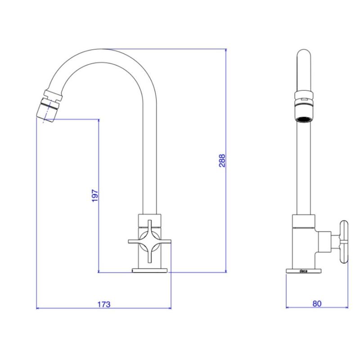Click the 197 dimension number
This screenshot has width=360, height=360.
[x=95, y=195]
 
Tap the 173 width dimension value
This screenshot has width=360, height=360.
[x=103, y=304]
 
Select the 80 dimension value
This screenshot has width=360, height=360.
[x=317, y=304]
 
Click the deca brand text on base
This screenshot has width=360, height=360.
[x=304, y=271]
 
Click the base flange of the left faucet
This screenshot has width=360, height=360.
[x=149, y=270]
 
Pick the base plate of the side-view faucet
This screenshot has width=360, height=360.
[x=304, y=271]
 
